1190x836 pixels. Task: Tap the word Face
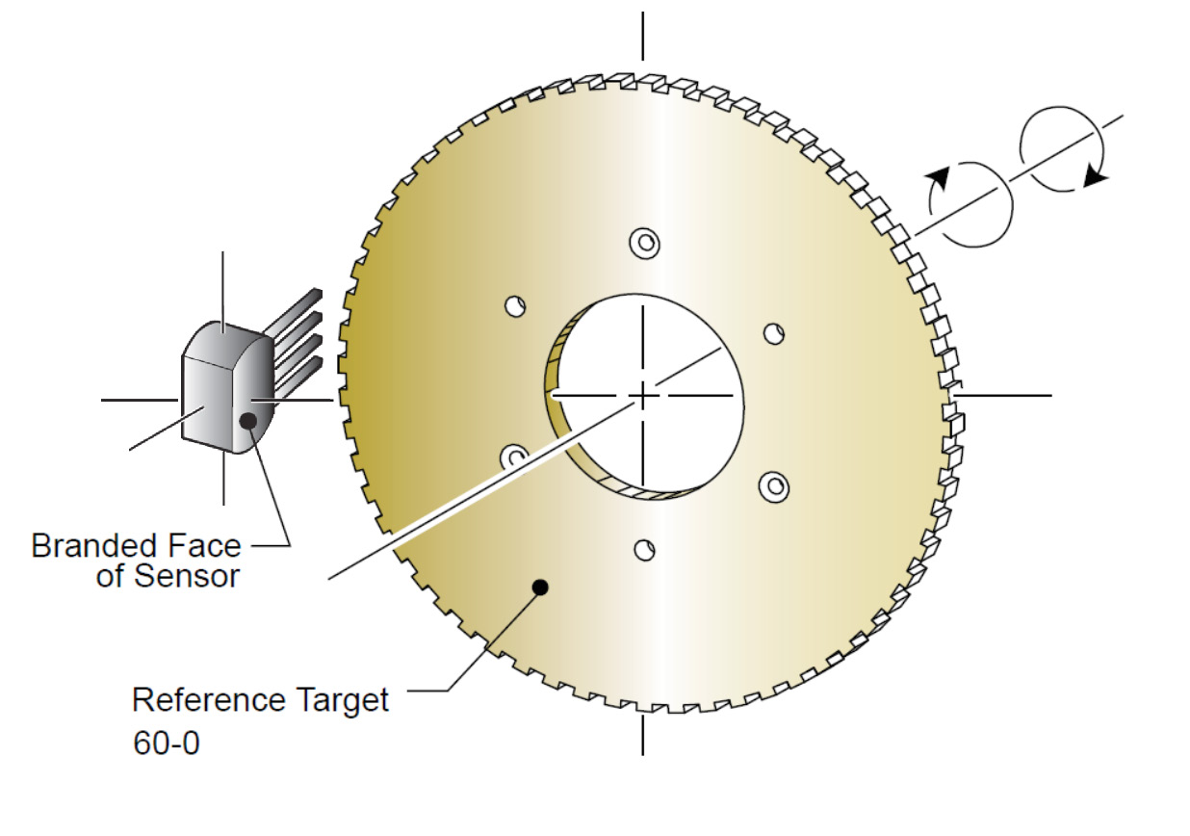204,546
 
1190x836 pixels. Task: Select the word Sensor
187,577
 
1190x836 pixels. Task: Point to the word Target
343,700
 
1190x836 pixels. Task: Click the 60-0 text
167,743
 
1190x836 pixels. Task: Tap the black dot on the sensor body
248,421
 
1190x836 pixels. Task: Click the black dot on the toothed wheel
540,588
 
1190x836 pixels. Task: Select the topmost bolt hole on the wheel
645,244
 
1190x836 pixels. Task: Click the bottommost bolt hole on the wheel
644,550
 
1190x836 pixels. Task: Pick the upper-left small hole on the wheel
515,306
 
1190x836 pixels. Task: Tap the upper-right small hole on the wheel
774,334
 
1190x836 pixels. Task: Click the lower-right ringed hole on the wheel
774,486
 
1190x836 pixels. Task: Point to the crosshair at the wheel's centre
643,396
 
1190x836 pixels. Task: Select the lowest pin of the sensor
298,379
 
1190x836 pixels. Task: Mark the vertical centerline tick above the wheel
643,37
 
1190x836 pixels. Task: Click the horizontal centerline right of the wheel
1003,396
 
